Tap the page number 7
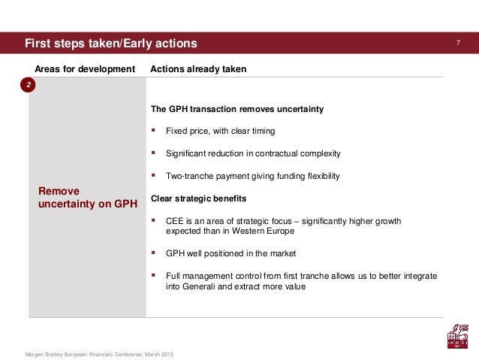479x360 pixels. click(456, 43)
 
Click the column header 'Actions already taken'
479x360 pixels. click(198, 70)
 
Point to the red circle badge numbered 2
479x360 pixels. click(28, 86)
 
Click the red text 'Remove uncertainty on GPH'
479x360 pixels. click(87, 197)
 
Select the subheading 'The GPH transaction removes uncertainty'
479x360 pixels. click(237, 109)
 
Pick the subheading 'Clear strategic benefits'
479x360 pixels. click(198, 199)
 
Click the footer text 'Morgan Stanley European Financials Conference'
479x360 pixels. click(87, 353)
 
